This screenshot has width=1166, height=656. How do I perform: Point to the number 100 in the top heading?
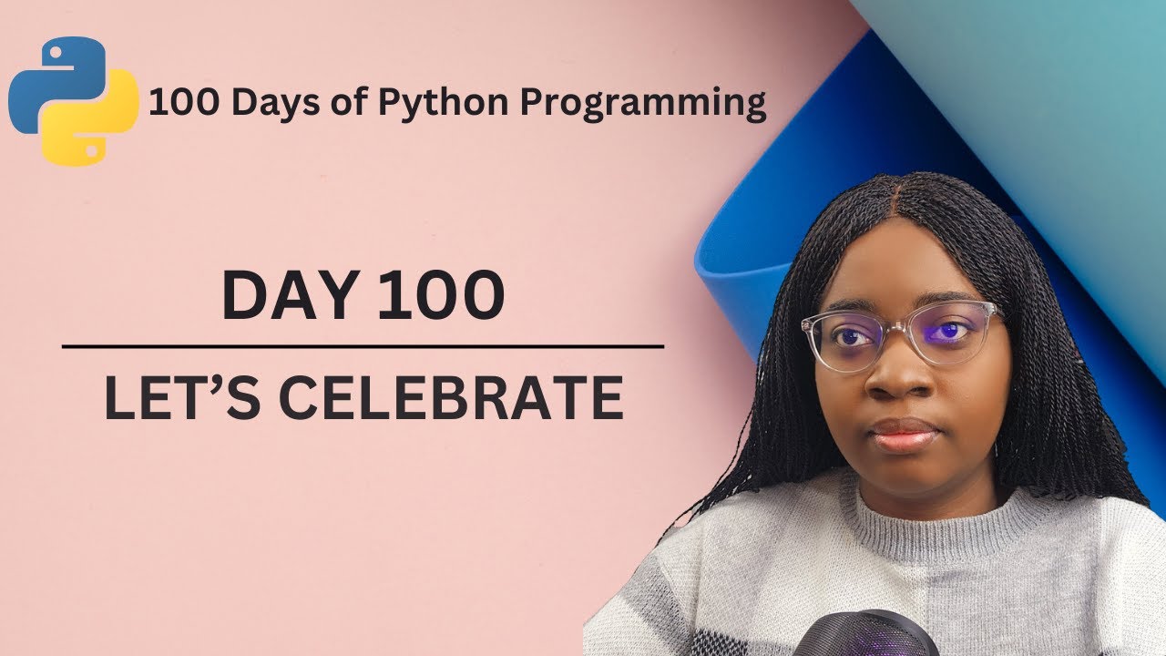pos(182,104)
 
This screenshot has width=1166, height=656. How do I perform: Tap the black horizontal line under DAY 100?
pos(363,347)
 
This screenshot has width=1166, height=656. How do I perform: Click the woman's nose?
pos(897,378)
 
